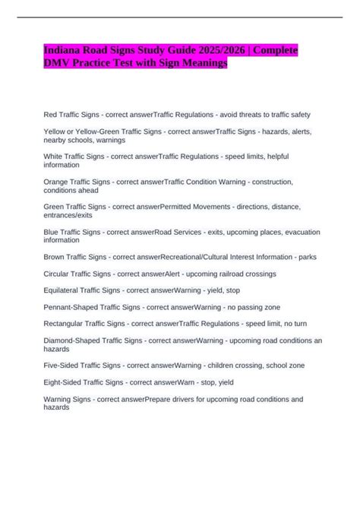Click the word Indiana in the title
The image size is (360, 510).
62,51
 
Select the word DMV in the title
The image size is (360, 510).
56,64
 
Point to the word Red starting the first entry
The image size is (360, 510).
52,115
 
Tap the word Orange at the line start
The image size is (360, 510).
58,182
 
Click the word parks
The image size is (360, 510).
305,257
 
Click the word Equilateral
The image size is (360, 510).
66,290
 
